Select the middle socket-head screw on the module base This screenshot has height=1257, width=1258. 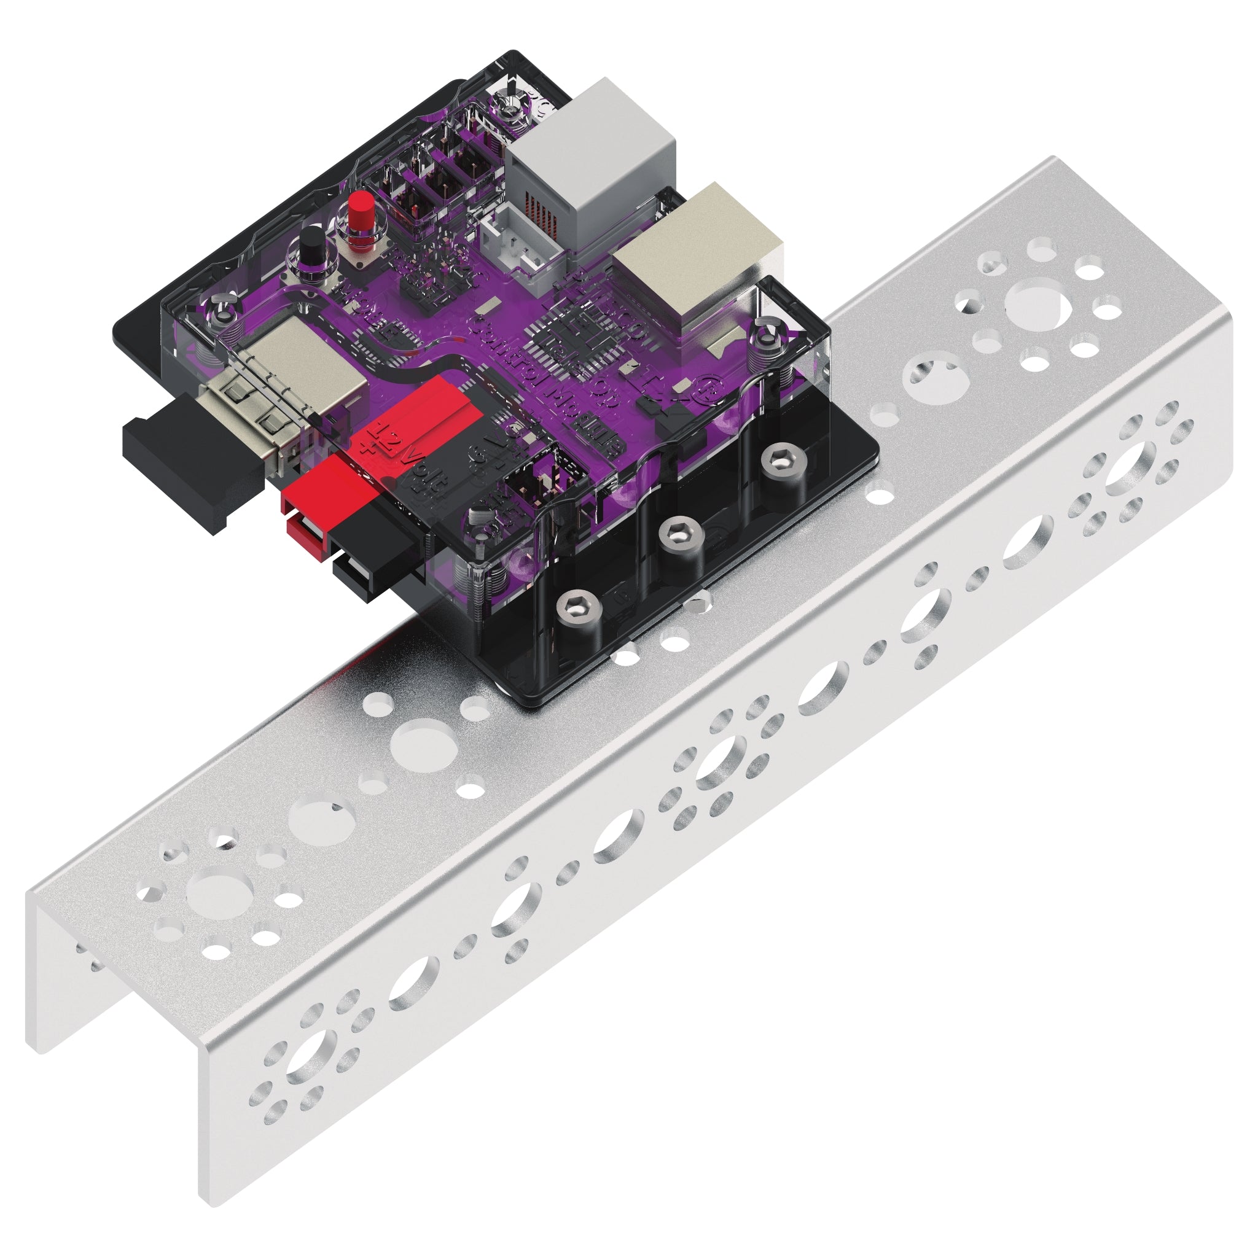pos(681,537)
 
